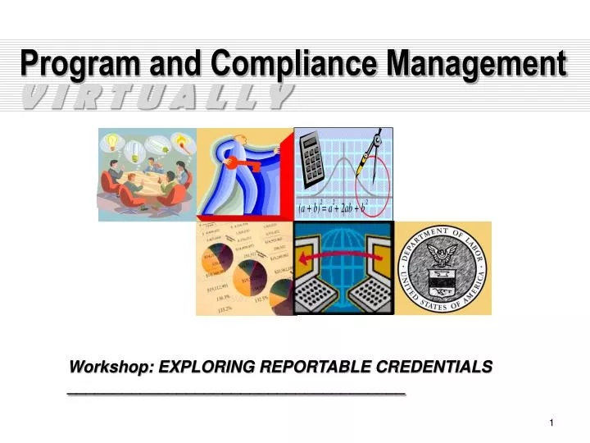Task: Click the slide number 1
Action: [x=552, y=422]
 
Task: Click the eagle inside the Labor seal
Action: [x=443, y=264]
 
